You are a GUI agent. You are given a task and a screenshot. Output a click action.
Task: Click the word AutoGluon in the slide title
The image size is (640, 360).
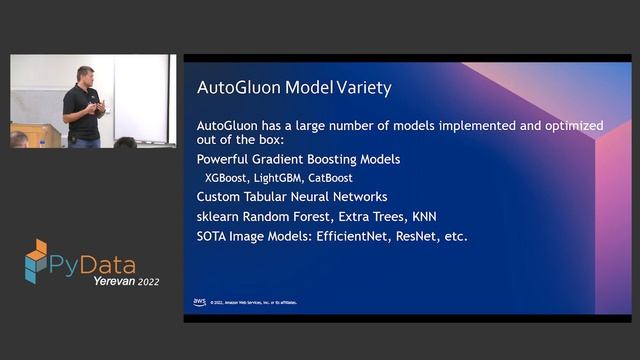point(236,88)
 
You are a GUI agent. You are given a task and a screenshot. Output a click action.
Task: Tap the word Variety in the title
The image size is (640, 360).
point(361,88)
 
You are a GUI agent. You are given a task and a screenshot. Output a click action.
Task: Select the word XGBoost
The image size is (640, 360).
point(227,177)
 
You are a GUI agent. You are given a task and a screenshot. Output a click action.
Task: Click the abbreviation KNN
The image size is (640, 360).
point(421,216)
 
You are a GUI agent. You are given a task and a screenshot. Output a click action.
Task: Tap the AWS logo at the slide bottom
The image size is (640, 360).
point(199,301)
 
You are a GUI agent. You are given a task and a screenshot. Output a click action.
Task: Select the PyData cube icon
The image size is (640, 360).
point(36,259)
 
